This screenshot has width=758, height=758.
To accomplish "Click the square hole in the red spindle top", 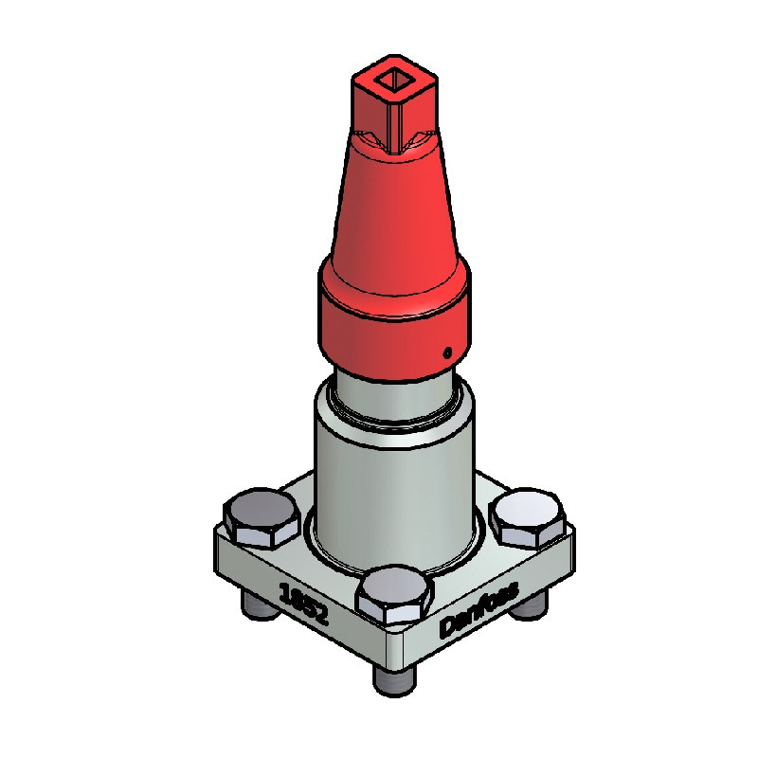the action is pyautogui.click(x=394, y=80).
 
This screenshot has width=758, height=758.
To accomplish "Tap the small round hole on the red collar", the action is pyautogui.click(x=447, y=352).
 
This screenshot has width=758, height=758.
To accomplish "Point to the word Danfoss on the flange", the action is pyautogui.click(x=478, y=609).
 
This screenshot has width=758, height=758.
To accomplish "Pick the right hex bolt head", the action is pyautogui.click(x=528, y=517).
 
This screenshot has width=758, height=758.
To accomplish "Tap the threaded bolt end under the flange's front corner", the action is pyautogui.click(x=394, y=680).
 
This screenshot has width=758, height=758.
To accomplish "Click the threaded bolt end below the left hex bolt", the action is pyautogui.click(x=260, y=606).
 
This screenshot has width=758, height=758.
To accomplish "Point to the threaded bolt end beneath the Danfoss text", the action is pyautogui.click(x=531, y=605).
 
